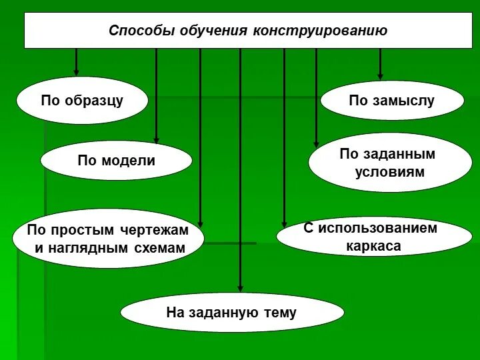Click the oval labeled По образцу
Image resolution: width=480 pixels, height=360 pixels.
[x=82, y=101]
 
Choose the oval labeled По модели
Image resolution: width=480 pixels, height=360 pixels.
[x=116, y=161]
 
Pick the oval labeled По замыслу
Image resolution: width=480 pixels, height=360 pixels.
[x=391, y=101]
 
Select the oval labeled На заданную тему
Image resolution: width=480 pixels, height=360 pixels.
[x=231, y=312]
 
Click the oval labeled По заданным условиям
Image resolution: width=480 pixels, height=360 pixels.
[x=391, y=163]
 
